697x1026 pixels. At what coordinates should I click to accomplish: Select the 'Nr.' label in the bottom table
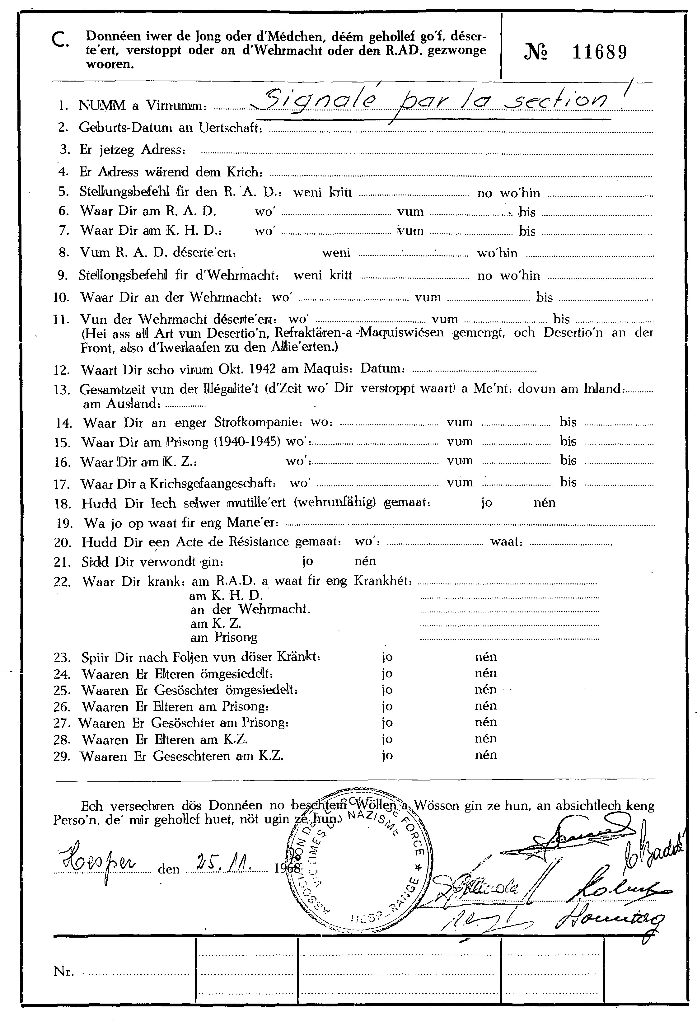point(63,971)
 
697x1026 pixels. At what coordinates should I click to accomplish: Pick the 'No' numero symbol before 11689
point(536,53)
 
